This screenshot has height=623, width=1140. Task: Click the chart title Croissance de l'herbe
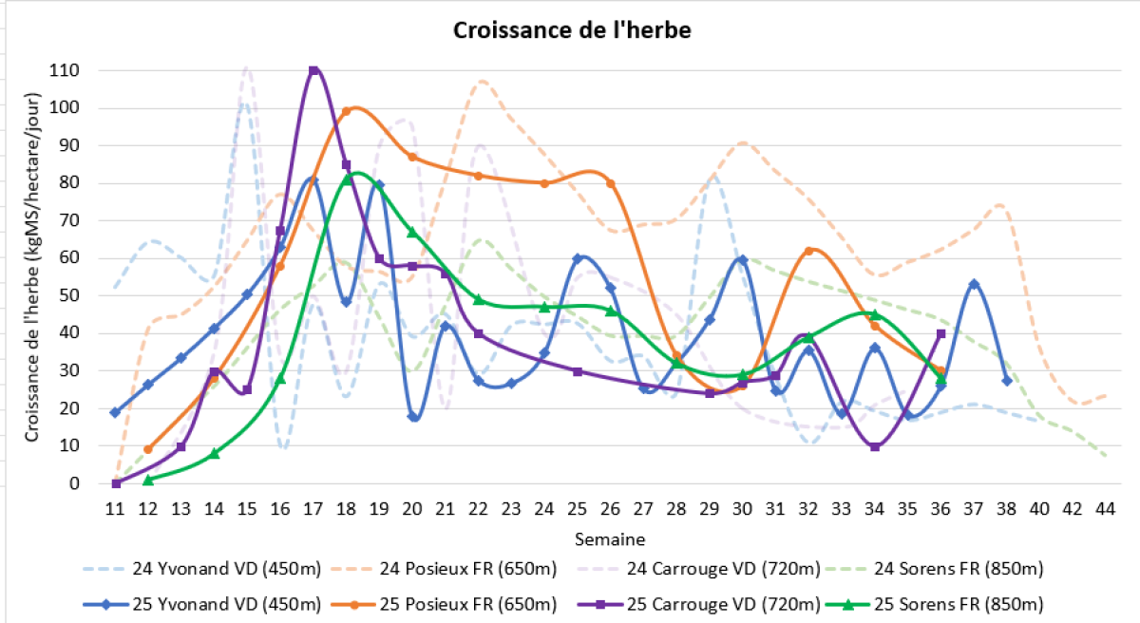pyautogui.click(x=572, y=30)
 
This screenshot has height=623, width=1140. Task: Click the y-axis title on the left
pyautogui.click(x=31, y=275)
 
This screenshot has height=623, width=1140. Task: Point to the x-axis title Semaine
pyautogui.click(x=610, y=539)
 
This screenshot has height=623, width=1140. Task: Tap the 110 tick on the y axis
pyautogui.click(x=66, y=70)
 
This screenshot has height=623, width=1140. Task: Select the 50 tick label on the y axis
pyautogui.click(x=69, y=295)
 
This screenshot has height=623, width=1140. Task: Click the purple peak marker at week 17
pyautogui.click(x=313, y=71)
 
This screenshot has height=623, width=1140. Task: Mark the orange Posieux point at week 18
pyautogui.click(x=347, y=112)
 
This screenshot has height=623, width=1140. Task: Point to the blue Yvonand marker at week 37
pyautogui.click(x=974, y=284)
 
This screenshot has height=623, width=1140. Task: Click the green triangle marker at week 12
pyautogui.click(x=148, y=480)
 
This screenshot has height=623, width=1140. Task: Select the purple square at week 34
pyautogui.click(x=874, y=446)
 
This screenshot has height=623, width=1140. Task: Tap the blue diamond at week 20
pyautogui.click(x=412, y=417)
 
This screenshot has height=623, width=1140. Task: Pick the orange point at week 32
pyautogui.click(x=808, y=251)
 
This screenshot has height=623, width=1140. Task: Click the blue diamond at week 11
pyautogui.click(x=115, y=412)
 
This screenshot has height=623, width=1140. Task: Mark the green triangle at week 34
pyautogui.click(x=874, y=314)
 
